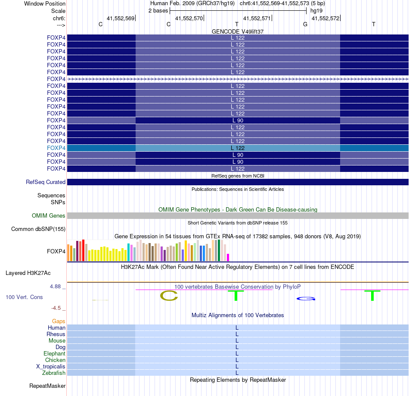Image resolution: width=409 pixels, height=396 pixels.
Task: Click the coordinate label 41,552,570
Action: click(x=189, y=19)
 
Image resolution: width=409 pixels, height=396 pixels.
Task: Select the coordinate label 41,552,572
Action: click(x=325, y=19)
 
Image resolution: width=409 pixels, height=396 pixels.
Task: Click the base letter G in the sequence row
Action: click(x=305, y=25)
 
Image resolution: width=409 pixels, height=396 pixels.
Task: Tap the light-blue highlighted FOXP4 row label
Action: click(x=56, y=148)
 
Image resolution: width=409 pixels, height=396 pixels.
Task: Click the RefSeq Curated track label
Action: click(x=46, y=182)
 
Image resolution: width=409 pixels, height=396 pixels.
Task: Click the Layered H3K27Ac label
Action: click(x=28, y=273)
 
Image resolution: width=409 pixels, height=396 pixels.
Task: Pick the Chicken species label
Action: click(x=56, y=360)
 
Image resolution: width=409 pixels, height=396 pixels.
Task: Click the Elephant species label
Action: click(x=55, y=353)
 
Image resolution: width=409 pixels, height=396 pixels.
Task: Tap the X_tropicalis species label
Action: click(x=51, y=366)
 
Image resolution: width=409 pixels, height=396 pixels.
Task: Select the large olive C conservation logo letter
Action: click(x=169, y=296)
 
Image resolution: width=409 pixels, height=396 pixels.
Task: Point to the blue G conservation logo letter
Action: click(x=306, y=299)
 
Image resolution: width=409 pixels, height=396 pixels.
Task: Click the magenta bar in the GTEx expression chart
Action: click(x=228, y=257)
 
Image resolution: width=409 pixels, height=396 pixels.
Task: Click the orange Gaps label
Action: click(x=59, y=321)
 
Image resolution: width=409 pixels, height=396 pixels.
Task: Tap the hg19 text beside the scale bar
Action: click(x=316, y=10)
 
